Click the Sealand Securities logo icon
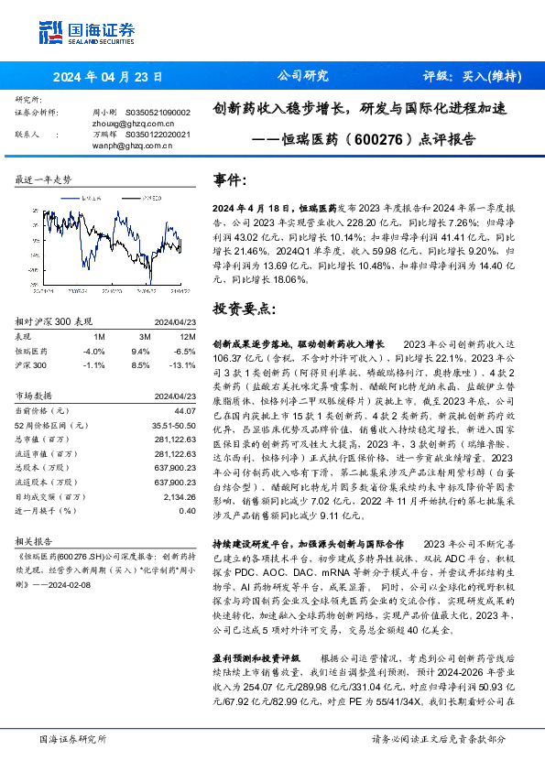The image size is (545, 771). [51, 31]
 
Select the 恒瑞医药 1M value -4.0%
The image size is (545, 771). [93, 350]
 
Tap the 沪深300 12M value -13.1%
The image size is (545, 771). [184, 364]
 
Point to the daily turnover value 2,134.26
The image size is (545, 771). [179, 496]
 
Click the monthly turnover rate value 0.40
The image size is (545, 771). [188, 511]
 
